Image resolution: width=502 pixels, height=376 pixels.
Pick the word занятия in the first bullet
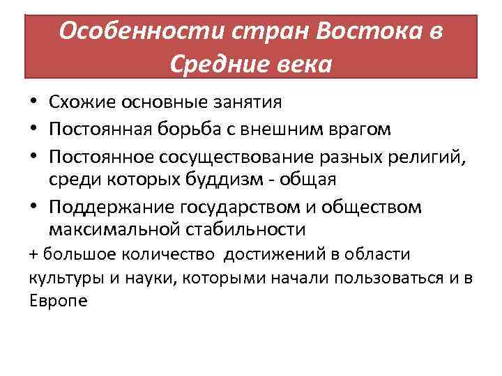pyautogui.click(x=245, y=103)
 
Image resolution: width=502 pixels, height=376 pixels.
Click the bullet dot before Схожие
pyautogui.click(x=34, y=104)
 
